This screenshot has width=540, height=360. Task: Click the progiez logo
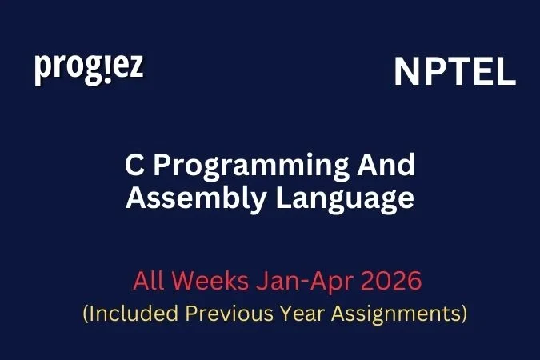(x=89, y=69)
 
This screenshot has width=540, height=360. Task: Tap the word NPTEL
(x=454, y=73)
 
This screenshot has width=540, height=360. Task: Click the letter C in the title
(x=134, y=166)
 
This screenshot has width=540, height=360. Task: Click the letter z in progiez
(x=135, y=68)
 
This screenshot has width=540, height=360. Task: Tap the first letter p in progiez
(x=42, y=70)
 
